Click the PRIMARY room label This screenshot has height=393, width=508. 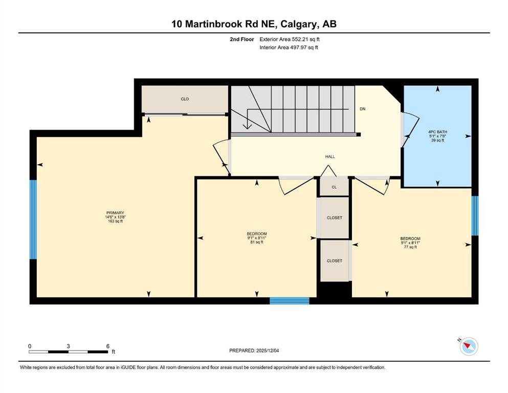[115, 213]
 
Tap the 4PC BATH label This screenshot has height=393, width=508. [437, 132]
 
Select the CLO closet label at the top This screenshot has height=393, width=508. [185, 99]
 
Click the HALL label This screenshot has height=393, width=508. [330, 157]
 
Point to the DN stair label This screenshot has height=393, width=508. [362, 109]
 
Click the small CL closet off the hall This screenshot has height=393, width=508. [334, 187]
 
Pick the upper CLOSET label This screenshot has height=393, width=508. [334, 218]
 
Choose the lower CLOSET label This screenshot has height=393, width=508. [334, 261]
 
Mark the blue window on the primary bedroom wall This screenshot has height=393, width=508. [33, 219]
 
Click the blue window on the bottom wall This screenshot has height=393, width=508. [290, 301]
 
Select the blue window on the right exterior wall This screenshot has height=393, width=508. [474, 215]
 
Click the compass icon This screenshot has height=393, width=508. [469, 346]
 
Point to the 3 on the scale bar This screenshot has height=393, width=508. [68, 346]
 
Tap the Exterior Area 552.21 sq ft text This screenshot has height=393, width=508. [290, 39]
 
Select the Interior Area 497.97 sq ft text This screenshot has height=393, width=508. [289, 48]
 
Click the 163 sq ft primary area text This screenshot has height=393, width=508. [115, 222]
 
